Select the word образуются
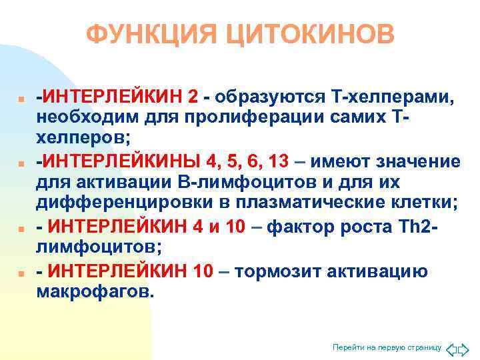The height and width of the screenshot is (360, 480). [268, 97]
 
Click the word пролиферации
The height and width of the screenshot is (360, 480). [247, 119]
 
